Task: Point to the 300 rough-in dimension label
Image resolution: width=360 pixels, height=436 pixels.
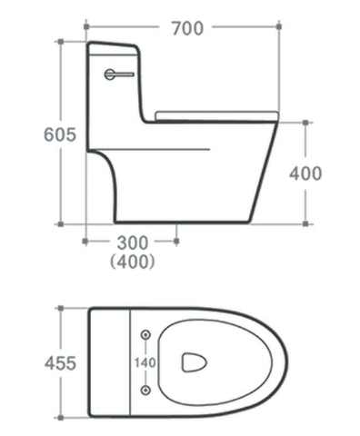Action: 131,243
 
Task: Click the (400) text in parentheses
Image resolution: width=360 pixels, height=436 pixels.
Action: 131,263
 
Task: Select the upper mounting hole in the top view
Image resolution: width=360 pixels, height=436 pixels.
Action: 145,334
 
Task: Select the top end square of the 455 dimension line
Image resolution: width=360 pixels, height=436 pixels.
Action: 61,310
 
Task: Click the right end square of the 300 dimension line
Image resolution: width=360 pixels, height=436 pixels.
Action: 176,242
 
